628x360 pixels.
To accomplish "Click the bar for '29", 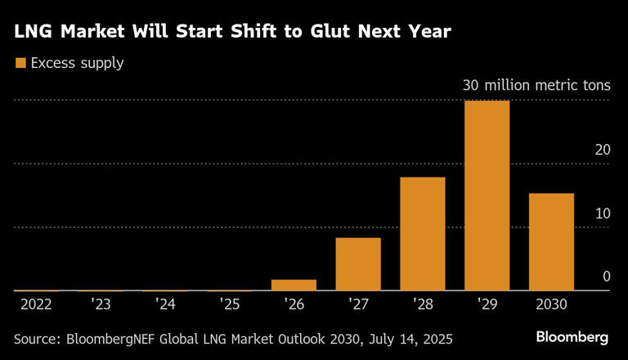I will coord(487,196).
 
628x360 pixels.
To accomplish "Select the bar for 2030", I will coord(551,241).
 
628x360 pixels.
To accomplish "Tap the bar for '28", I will coord(423,233).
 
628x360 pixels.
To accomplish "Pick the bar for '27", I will coord(358,263).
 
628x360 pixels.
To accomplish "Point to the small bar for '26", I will coord(294,285).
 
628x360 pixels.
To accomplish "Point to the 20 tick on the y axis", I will coord(603,150).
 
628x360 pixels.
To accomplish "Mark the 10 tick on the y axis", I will coord(603,214).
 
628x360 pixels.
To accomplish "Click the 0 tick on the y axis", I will coord(607,277).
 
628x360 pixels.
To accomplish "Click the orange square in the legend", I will coord(20,63).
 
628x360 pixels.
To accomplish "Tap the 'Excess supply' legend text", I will coord(77,63).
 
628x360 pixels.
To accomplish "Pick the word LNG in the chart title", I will coord(33,33).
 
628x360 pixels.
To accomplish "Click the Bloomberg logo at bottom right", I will coord(572,337).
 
